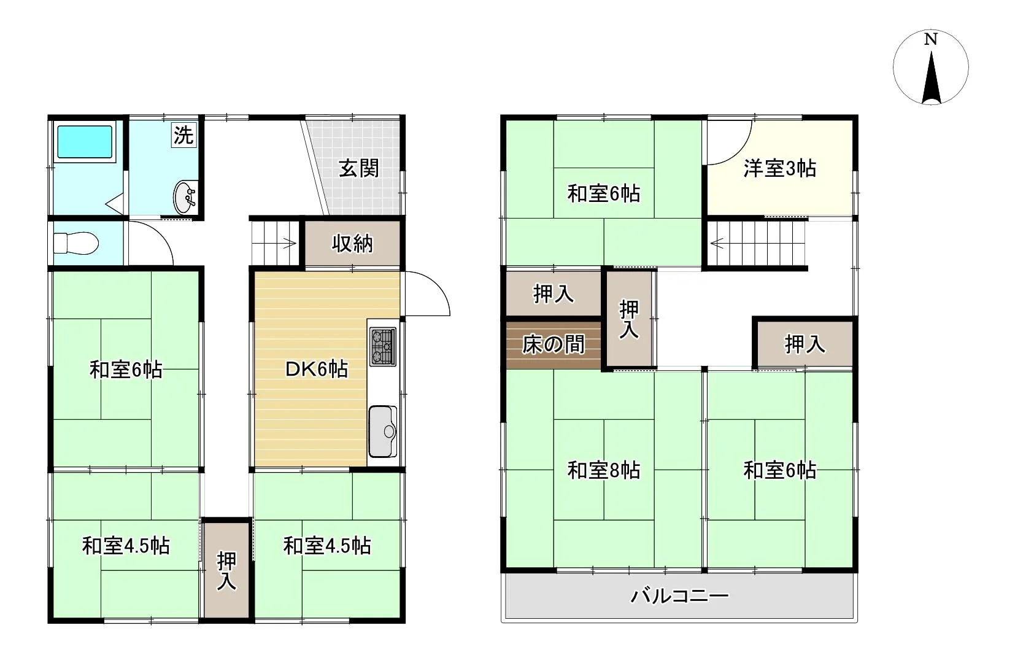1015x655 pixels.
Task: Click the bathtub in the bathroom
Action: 85,142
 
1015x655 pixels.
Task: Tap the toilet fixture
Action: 75,243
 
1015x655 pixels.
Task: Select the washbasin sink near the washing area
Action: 185,196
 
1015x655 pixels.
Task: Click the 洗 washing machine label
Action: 183,134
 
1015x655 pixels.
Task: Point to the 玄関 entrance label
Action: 358,169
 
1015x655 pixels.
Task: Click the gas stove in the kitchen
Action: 383,347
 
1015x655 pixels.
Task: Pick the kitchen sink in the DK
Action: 383,431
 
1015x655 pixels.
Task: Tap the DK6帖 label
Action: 317,369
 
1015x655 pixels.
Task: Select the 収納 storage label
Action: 352,244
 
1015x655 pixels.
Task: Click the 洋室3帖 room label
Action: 779,169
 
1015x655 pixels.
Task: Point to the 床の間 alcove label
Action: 554,344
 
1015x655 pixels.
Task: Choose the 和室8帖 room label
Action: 604,470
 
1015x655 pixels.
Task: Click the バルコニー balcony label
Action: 680,595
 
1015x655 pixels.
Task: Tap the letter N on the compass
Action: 930,40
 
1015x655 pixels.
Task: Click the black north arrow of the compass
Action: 931,77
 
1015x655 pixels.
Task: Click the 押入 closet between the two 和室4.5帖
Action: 226,570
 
